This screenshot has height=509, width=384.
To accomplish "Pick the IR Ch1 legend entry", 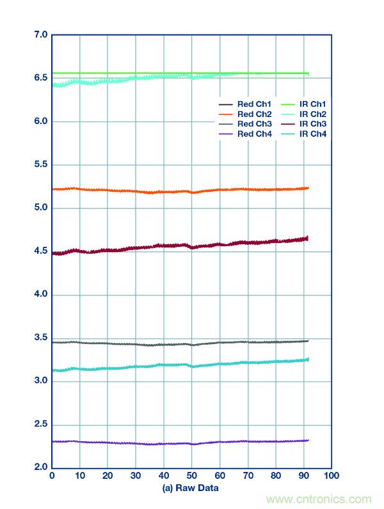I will [303, 104].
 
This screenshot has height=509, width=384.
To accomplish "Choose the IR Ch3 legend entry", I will [303, 124].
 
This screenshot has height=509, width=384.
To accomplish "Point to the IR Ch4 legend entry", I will [303, 134].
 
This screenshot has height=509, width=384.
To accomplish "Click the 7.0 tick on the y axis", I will [40, 35].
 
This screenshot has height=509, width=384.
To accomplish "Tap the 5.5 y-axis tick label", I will [40, 164].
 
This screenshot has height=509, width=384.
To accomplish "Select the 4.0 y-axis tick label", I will [40, 294].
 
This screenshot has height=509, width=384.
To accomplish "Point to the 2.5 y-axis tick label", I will [40, 425].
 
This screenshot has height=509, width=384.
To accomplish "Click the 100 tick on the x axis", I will [331, 476].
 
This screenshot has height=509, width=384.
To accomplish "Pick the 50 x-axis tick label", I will [191, 476].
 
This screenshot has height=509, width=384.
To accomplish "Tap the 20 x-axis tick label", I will [108, 476].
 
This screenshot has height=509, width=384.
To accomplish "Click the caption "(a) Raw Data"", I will [191, 489].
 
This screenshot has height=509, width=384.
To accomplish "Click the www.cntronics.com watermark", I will [319, 499].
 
